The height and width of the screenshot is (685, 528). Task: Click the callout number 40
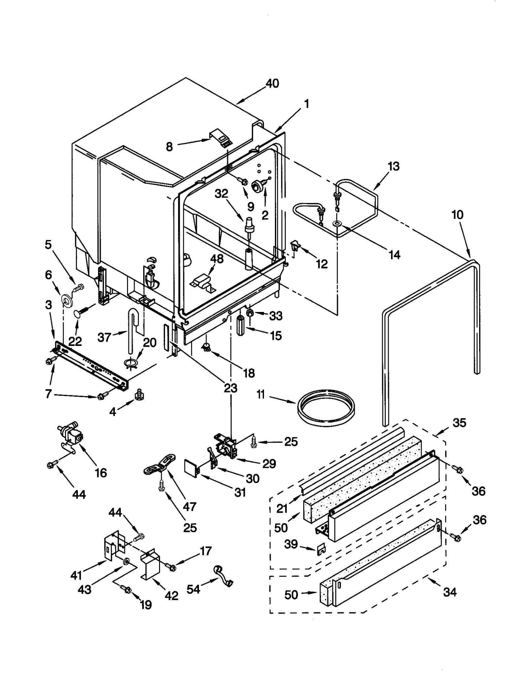[272, 84]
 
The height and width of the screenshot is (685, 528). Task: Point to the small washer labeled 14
[337, 224]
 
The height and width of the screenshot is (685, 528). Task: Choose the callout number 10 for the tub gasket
[457, 215]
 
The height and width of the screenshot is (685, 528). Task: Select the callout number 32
[221, 194]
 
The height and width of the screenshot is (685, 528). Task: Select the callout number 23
[230, 388]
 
